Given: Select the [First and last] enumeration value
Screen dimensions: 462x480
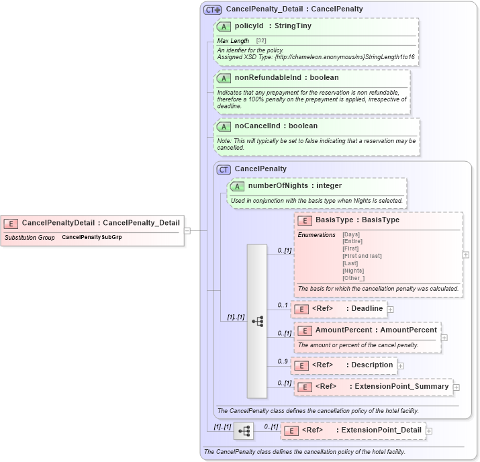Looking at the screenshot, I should click(x=362, y=256).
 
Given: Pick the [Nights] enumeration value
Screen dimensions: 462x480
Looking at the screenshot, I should click(x=353, y=271).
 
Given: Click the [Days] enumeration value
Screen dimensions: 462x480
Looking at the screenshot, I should click(x=351, y=234).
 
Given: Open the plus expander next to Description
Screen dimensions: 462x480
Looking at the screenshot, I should click(x=401, y=365).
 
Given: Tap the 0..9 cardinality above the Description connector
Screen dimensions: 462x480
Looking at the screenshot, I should click(x=283, y=361).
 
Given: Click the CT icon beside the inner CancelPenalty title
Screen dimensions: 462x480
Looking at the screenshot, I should click(x=224, y=169).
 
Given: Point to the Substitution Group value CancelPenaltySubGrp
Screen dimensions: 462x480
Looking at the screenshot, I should click(x=92, y=238).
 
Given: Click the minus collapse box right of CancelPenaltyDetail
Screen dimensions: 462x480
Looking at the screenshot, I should click(x=187, y=230).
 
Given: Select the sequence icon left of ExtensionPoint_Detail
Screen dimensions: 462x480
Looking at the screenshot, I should click(x=244, y=430).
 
